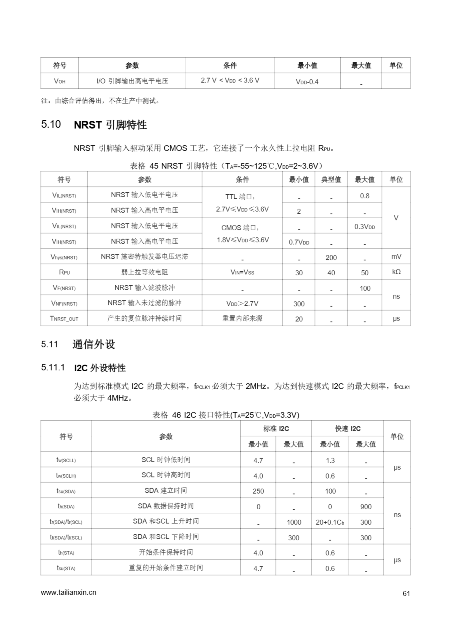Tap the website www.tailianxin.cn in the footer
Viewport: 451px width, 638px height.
[x=68, y=592]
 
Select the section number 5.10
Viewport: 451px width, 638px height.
[x=51, y=124]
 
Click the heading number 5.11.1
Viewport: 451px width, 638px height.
[x=53, y=367]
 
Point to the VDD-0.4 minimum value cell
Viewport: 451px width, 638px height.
[x=307, y=82]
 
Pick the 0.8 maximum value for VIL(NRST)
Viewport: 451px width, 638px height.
[x=364, y=196]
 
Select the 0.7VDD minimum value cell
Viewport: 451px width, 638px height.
[x=299, y=242]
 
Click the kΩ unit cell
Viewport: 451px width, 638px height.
[x=396, y=272]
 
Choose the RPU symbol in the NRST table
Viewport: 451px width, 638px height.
[x=64, y=272]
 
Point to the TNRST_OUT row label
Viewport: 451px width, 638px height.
[x=64, y=319]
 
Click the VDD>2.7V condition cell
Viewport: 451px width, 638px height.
[x=242, y=304]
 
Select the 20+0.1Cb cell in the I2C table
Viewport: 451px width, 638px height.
[x=330, y=522]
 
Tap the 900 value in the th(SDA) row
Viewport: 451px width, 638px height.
[x=366, y=507]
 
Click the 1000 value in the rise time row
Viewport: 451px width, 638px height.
[x=294, y=522]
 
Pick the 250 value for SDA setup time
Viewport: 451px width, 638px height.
[x=258, y=491]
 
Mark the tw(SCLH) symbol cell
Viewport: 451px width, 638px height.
[x=66, y=476]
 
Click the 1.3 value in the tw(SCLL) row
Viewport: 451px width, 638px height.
[x=330, y=461]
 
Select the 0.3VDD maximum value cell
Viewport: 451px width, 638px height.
[x=364, y=227]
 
